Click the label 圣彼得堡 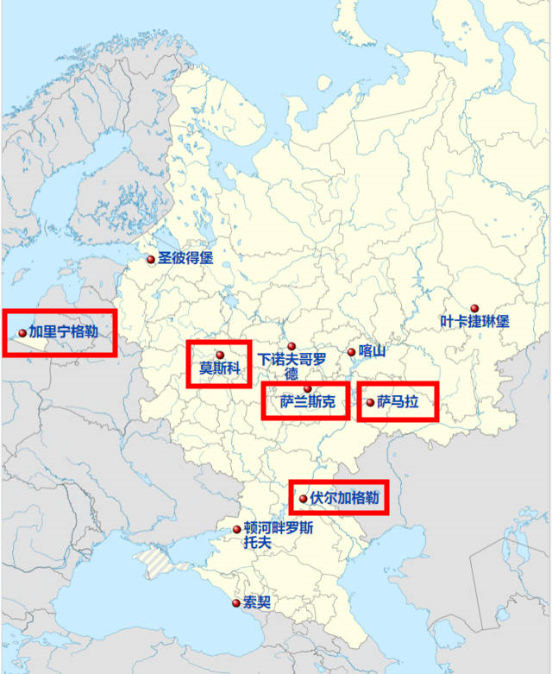(x=185, y=258)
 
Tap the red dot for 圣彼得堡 (x=151, y=259)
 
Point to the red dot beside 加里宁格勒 (x=22, y=332)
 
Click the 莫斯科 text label (x=219, y=369)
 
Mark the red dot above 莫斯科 (x=220, y=355)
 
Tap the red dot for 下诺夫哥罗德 (x=292, y=346)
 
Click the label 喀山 (x=371, y=351)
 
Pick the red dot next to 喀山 (x=351, y=352)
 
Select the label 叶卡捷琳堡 (x=474, y=322)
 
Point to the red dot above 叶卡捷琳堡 (x=474, y=308)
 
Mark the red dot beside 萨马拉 (x=371, y=402)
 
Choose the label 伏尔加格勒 (x=344, y=498)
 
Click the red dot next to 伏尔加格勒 (x=303, y=499)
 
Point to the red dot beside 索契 (x=236, y=602)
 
